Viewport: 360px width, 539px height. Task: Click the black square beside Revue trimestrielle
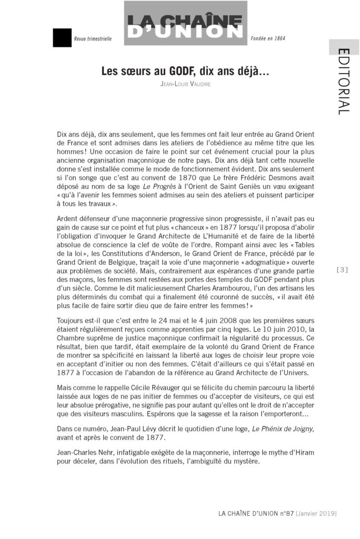click(62, 38)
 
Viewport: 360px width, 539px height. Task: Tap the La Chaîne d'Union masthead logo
click(185, 24)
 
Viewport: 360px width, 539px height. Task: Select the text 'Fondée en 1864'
click(268, 38)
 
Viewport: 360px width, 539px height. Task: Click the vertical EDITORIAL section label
click(343, 82)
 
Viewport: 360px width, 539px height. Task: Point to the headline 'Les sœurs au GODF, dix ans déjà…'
click(185, 72)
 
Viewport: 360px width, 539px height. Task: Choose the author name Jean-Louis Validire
click(185, 84)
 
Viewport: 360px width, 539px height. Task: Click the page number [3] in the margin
click(343, 270)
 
